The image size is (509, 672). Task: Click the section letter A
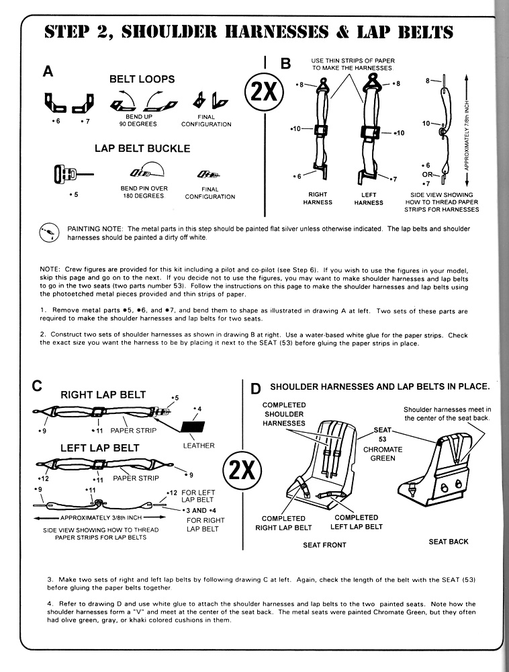48,71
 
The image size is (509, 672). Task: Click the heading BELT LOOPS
142,79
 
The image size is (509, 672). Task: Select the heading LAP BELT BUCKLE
142,149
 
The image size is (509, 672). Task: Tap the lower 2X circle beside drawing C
241,469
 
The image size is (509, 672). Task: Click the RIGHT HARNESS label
318,198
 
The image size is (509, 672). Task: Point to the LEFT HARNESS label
368,198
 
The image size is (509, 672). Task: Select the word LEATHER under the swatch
198,446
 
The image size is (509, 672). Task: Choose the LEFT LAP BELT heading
100,448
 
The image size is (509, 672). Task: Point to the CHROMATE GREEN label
383,454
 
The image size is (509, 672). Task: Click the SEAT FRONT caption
324,545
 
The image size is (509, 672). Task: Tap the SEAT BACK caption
449,542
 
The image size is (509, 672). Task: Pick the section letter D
255,389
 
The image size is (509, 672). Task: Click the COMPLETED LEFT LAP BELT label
356,522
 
